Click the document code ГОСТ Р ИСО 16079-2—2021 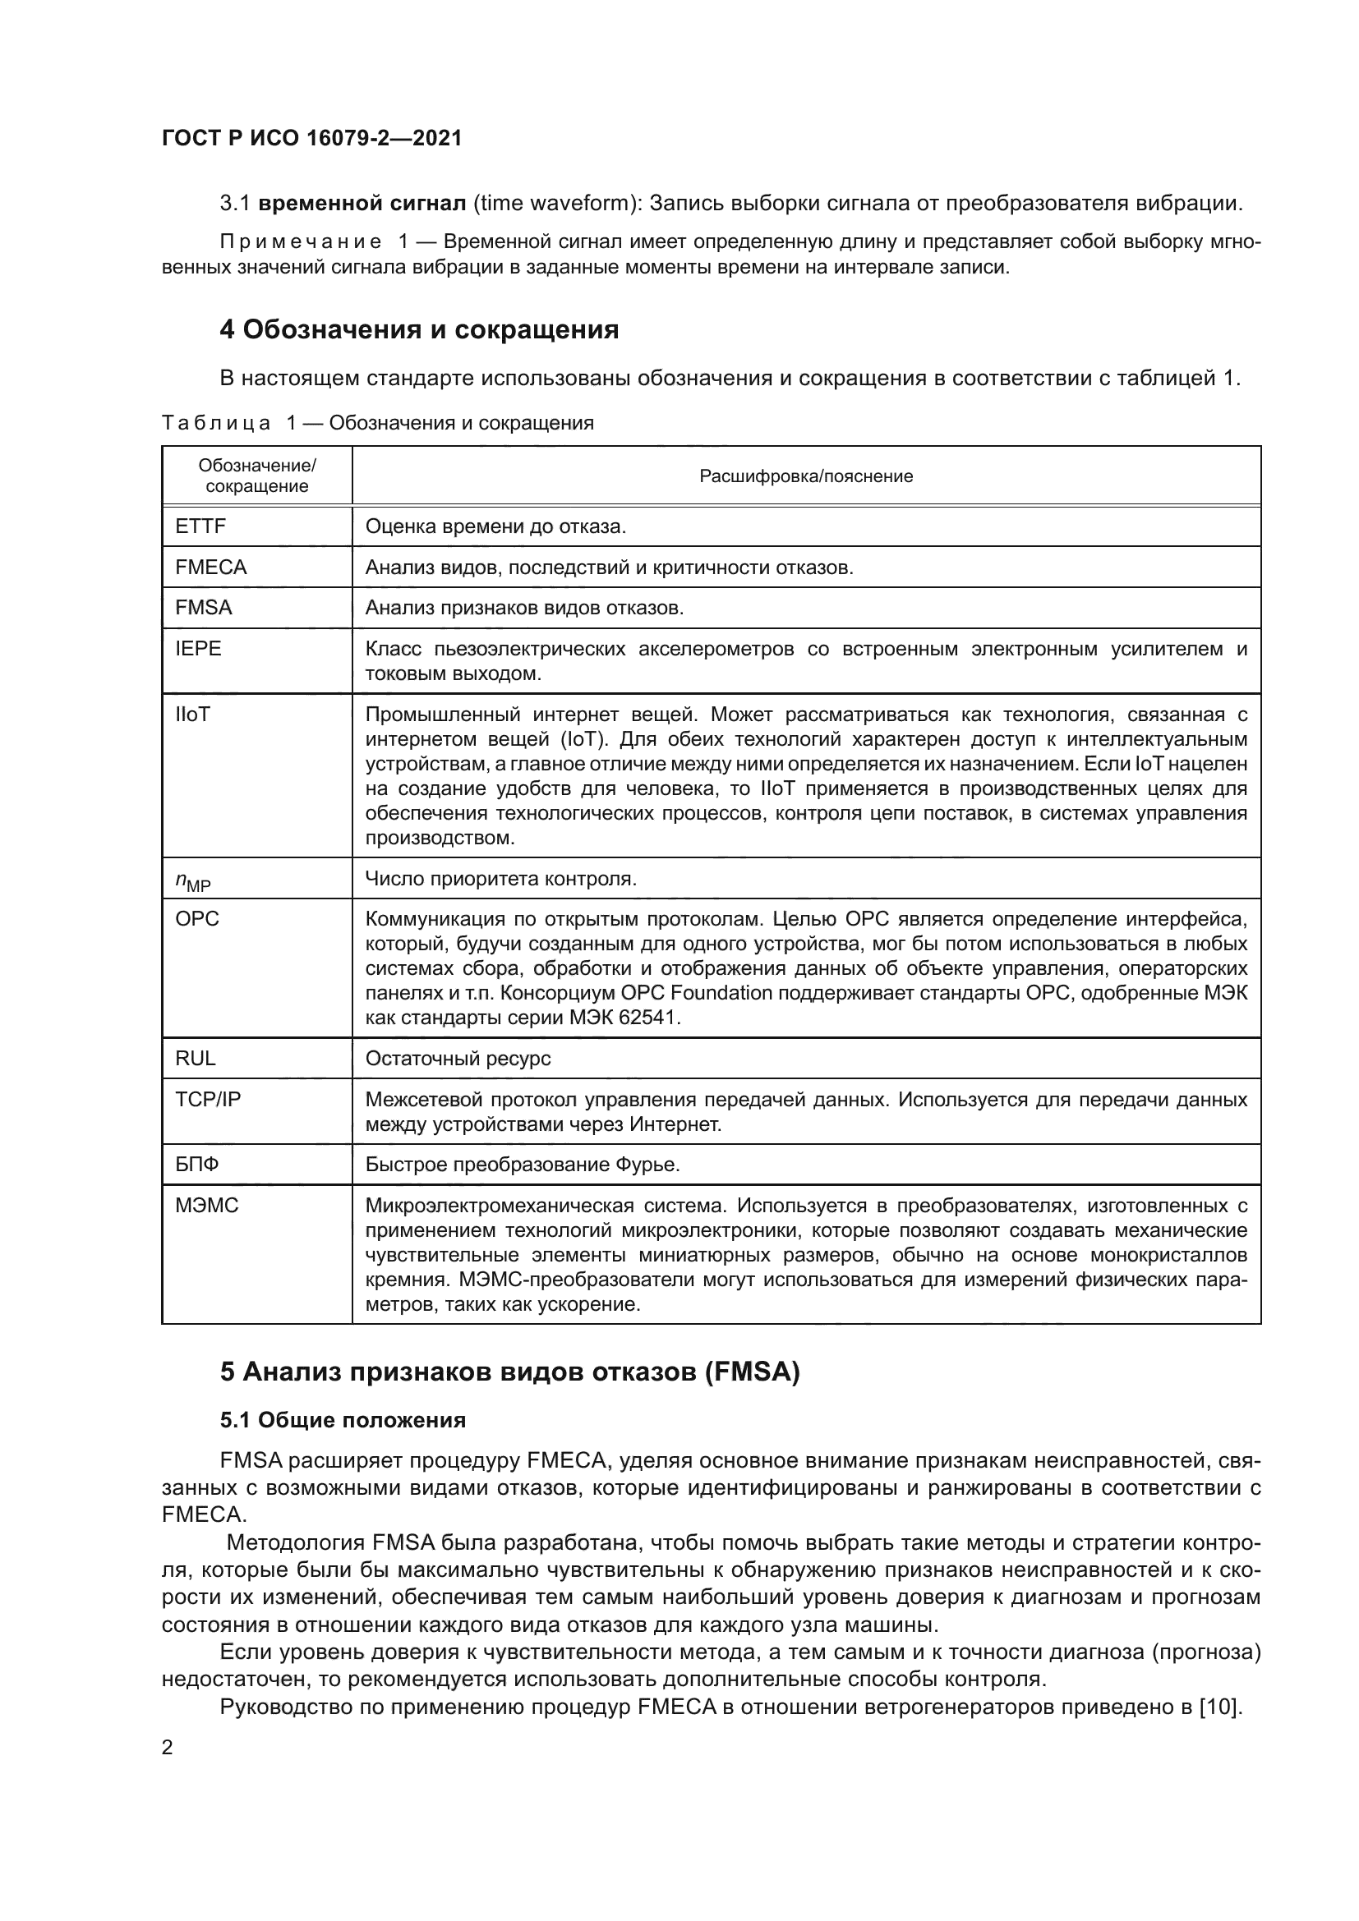pyautogui.click(x=311, y=138)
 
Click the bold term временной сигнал pyautogui.click(x=362, y=204)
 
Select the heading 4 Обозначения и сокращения pyautogui.click(x=418, y=329)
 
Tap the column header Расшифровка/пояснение pyautogui.click(x=806, y=476)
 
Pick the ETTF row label pyautogui.click(x=200, y=526)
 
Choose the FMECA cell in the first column pyautogui.click(x=211, y=568)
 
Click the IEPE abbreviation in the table pyautogui.click(x=198, y=649)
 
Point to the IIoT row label pyautogui.click(x=192, y=715)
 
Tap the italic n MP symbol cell pyautogui.click(x=192, y=880)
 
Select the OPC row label pyautogui.click(x=196, y=919)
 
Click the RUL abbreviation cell pyautogui.click(x=195, y=1059)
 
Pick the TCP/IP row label pyautogui.click(x=208, y=1100)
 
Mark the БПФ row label pyautogui.click(x=196, y=1165)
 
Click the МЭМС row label pyautogui.click(x=207, y=1206)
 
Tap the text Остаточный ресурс pyautogui.click(x=458, y=1059)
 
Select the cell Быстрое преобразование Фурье pyautogui.click(x=523, y=1165)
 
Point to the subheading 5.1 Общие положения pyautogui.click(x=343, y=1420)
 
